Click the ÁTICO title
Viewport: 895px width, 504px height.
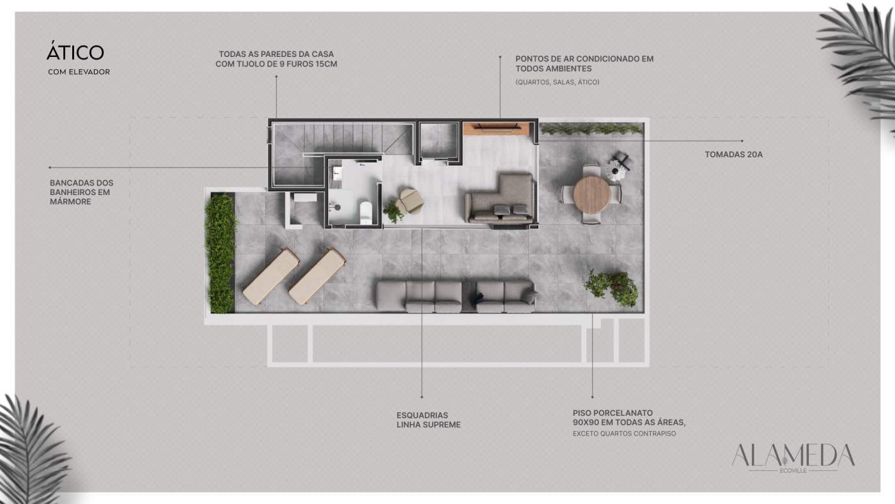pos(75,51)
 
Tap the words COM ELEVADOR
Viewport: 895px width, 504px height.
pos(79,72)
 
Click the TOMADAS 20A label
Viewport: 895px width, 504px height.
pos(734,154)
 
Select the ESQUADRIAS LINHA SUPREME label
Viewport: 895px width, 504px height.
pos(428,420)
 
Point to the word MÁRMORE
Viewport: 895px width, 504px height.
pos(70,201)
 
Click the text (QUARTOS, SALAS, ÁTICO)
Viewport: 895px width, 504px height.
pos(557,82)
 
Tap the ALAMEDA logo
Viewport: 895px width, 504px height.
pos(793,458)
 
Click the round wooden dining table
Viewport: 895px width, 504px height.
pos(592,194)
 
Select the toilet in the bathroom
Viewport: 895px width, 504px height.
pos(366,212)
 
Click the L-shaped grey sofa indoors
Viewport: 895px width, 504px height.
pos(499,199)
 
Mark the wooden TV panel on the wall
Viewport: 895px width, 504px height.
pos(496,129)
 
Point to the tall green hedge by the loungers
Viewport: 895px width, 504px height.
pos(220,253)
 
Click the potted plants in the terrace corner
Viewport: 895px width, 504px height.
pos(611,287)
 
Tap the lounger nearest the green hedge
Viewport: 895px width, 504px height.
pos(271,276)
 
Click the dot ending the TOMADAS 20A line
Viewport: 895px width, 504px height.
pos(742,141)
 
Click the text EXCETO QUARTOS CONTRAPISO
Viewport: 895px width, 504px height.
pos(624,434)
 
